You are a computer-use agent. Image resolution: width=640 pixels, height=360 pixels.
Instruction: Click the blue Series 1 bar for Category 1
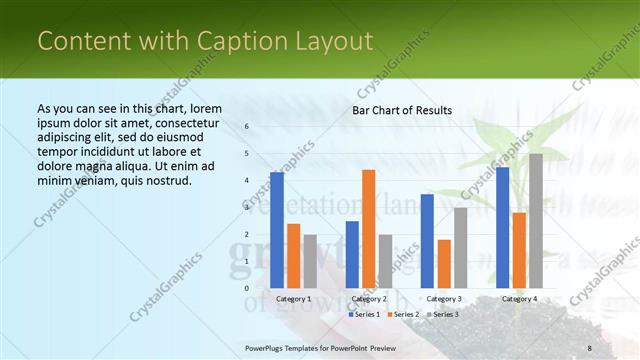(277, 230)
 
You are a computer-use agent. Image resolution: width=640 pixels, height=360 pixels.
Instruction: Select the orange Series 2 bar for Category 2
(368, 228)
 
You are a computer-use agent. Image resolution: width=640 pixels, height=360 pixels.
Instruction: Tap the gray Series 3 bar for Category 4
(536, 220)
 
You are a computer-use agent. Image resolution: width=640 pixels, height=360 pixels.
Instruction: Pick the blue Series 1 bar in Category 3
(427, 240)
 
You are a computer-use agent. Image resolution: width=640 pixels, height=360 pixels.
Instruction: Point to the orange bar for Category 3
(443, 263)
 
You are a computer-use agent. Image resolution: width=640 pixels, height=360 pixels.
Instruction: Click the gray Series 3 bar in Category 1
(309, 261)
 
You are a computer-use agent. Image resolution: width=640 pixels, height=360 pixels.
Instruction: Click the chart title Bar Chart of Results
(402, 110)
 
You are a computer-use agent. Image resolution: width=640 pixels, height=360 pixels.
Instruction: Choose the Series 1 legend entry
(364, 314)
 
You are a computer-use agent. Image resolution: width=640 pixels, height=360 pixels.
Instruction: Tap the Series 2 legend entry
(402, 314)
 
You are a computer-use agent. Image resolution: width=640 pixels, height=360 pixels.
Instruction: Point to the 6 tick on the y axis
(247, 127)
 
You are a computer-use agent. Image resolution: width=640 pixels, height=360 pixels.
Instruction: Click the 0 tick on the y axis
(247, 288)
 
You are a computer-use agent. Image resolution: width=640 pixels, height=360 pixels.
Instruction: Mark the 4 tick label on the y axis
(247, 181)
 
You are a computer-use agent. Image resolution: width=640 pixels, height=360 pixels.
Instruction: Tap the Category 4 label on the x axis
(518, 299)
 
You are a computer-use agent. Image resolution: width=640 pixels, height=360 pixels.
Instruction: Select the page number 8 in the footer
(589, 347)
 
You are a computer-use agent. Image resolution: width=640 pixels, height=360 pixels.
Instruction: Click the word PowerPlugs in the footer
(269, 347)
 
